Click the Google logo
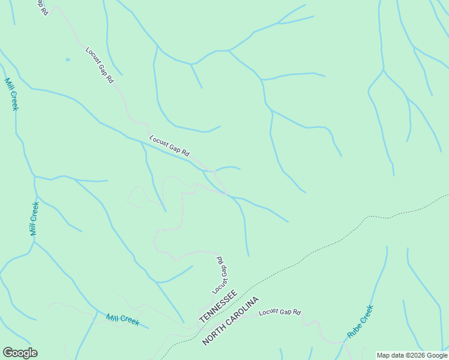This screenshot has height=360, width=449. click(x=20, y=353)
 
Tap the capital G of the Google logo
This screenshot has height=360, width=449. click(x=7, y=353)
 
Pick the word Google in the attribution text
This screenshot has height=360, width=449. click(x=435, y=355)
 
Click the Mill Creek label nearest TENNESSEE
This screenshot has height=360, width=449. click(x=122, y=319)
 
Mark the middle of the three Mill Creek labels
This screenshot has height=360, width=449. click(x=35, y=218)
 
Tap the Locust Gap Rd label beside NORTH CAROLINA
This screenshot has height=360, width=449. click(x=279, y=313)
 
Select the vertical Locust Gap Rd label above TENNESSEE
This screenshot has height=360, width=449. click(x=220, y=275)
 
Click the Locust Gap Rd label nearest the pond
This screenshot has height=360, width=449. click(x=99, y=65)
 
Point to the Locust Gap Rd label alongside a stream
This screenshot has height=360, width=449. click(x=169, y=145)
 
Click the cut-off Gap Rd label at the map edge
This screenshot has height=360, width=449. click(x=41, y=7)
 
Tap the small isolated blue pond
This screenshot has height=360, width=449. click(x=68, y=59)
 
